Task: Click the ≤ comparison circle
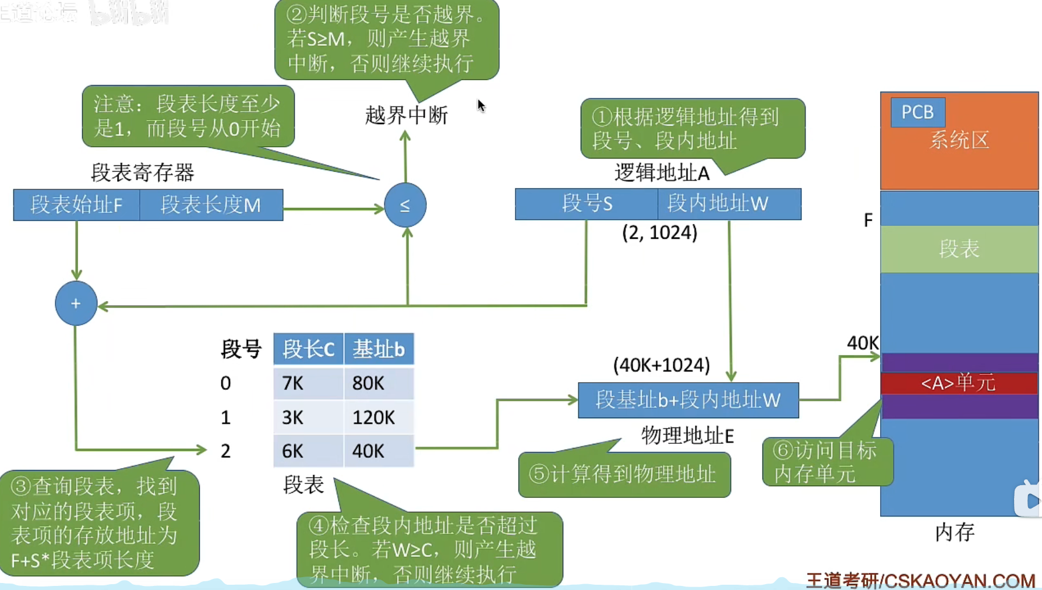405,205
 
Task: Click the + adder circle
76,303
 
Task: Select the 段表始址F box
76,205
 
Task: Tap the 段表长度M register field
211,205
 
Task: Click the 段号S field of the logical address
587,204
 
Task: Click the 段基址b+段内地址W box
688,400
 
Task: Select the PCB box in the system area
917,112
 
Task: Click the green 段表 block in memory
959,249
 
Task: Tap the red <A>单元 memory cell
959,383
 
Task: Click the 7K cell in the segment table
308,383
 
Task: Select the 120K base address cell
379,417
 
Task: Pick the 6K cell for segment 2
308,451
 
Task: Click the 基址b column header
379,349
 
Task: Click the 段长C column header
308,349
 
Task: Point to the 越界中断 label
406,115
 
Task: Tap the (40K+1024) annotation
661,365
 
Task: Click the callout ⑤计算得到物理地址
624,475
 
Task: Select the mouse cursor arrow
481,105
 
